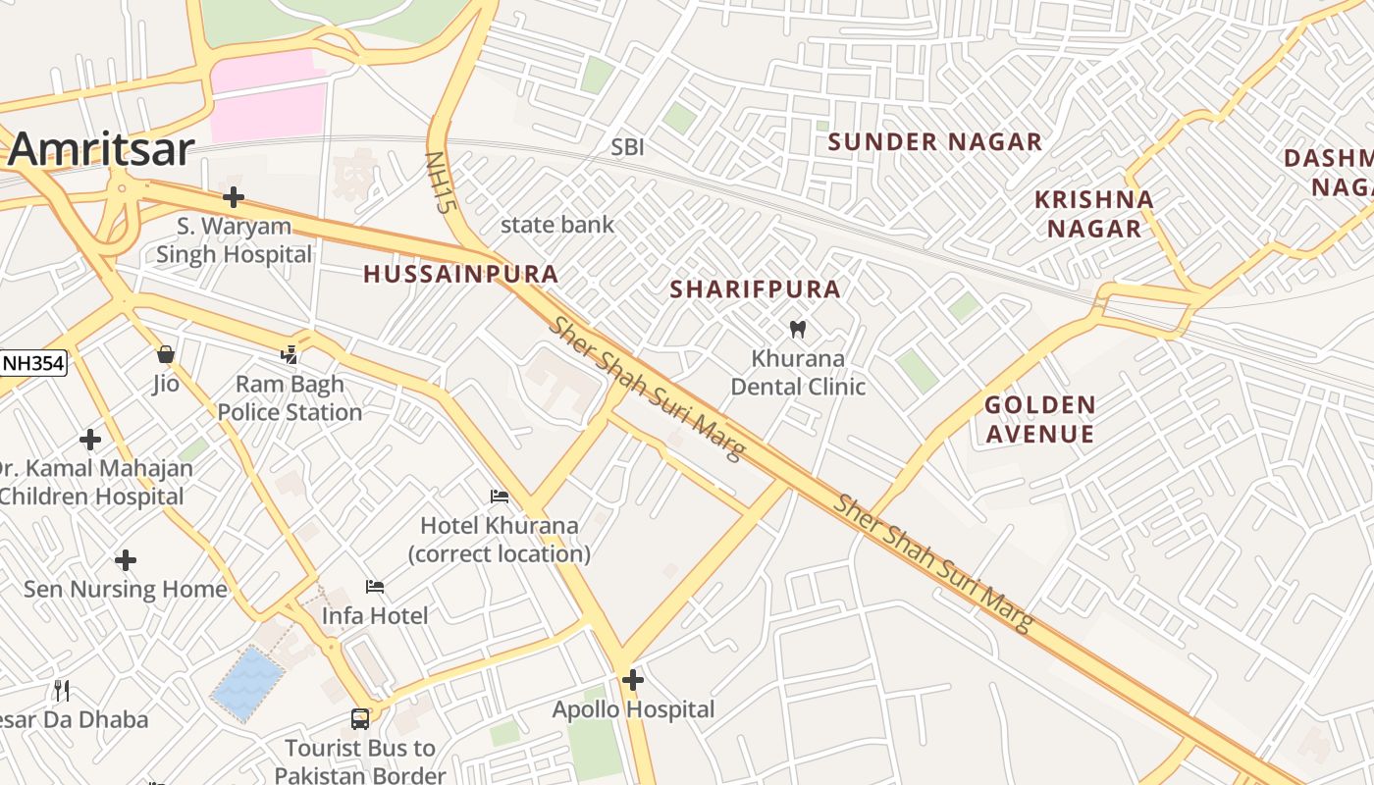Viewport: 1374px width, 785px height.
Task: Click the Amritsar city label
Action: point(102,149)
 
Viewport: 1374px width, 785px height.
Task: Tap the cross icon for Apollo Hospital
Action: point(633,679)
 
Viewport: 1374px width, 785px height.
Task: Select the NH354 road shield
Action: point(32,363)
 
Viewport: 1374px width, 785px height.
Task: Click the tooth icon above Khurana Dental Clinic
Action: point(797,329)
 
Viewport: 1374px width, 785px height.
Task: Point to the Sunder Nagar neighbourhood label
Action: point(934,142)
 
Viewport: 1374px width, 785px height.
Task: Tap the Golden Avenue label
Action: point(1039,419)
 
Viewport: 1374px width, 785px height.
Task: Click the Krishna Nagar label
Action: point(1093,214)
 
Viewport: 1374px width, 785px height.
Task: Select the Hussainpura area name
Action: point(461,275)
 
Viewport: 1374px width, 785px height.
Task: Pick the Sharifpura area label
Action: point(755,289)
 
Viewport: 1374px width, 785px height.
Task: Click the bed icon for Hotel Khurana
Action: point(500,497)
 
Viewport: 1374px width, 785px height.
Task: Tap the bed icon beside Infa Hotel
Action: point(374,587)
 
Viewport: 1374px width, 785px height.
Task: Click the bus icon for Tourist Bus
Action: point(360,719)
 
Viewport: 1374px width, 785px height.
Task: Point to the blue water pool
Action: point(247,683)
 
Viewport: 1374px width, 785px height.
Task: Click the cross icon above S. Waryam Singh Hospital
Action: point(233,197)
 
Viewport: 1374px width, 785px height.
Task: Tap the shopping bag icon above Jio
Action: point(166,353)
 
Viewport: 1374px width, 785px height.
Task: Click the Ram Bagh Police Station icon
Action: point(290,355)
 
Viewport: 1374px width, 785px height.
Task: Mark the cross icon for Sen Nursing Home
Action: point(125,560)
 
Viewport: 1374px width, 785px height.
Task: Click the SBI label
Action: point(627,147)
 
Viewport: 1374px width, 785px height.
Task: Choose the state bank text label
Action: point(557,225)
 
